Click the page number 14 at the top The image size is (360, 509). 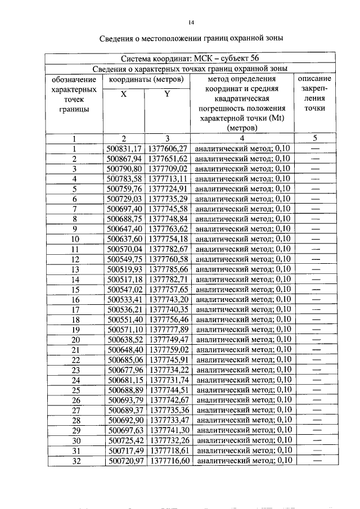tap(191, 22)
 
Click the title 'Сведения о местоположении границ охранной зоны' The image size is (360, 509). tap(191, 38)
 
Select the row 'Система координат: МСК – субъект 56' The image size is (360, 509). tap(190, 58)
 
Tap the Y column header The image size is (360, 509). tap(168, 94)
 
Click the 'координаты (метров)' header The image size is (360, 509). tap(146, 79)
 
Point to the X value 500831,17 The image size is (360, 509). tap(124, 148)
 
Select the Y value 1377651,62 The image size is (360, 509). tap(168, 159)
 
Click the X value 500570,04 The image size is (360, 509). tap(124, 249)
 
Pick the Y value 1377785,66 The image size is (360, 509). tap(168, 269)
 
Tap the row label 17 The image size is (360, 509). tap(74, 309)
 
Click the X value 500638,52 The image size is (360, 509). tap(124, 339)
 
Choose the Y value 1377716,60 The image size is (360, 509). tap(168, 460)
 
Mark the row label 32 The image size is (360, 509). tap(74, 460)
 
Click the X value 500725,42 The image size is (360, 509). tap(124, 440)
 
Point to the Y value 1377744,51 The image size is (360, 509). tap(168, 390)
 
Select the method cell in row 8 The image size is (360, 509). tap(242, 219)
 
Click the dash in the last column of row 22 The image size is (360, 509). tap(315, 359)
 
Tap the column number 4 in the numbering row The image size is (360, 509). tap(242, 138)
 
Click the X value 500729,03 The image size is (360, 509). tap(124, 199)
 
